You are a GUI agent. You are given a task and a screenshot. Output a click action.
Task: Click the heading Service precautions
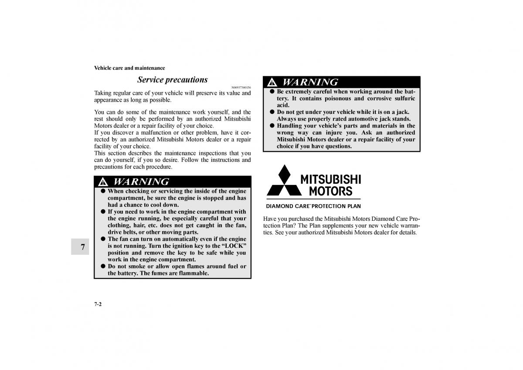pos(172,80)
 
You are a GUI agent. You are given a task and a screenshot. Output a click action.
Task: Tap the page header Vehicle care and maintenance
pos(129,68)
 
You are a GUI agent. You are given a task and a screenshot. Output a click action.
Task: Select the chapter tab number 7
pos(82,247)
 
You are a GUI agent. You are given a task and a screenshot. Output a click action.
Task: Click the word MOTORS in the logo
pos(330,191)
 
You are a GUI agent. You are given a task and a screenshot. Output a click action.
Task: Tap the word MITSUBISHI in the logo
pos(330,179)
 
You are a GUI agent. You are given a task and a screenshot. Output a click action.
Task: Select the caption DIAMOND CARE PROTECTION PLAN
pos(313,206)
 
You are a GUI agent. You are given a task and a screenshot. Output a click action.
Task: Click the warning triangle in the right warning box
pos(272,82)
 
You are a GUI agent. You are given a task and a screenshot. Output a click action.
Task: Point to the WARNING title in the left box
pos(141,182)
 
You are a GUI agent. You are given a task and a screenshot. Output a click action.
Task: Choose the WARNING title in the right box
pos(310,82)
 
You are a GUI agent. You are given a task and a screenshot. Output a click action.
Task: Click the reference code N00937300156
pos(241,87)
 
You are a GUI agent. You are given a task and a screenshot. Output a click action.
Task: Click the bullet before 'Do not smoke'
pos(103,266)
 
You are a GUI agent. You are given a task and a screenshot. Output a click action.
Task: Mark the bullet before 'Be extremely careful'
pos(272,92)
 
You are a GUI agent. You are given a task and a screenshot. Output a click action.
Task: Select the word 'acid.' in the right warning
pos(283,105)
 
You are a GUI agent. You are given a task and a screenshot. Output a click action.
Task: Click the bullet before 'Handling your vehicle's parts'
pos(272,126)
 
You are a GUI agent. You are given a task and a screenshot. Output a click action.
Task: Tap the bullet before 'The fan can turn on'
pos(103,239)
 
